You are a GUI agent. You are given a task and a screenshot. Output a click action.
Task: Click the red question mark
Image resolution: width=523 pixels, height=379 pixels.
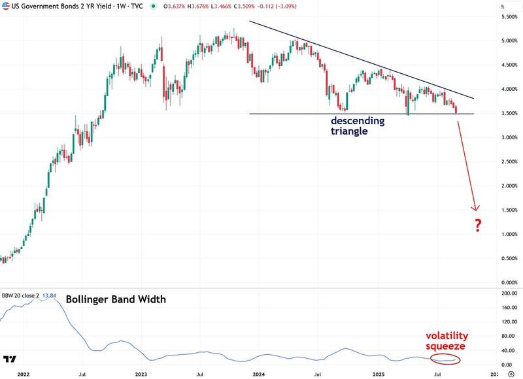[479, 227]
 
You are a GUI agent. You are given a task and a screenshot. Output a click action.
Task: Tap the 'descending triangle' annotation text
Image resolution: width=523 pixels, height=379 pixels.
[358, 125]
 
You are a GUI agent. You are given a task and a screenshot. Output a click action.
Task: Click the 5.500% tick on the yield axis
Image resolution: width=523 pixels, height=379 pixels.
[509, 16]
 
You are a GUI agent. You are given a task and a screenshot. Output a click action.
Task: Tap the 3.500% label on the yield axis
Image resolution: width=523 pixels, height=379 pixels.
[509, 113]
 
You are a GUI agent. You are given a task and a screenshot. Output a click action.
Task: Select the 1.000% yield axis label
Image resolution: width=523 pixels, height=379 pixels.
[509, 234]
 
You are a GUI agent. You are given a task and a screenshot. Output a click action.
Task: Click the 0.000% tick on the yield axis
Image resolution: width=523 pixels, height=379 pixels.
[509, 282]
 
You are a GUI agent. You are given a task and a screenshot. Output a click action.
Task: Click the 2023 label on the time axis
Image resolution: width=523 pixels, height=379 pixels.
[141, 374]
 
